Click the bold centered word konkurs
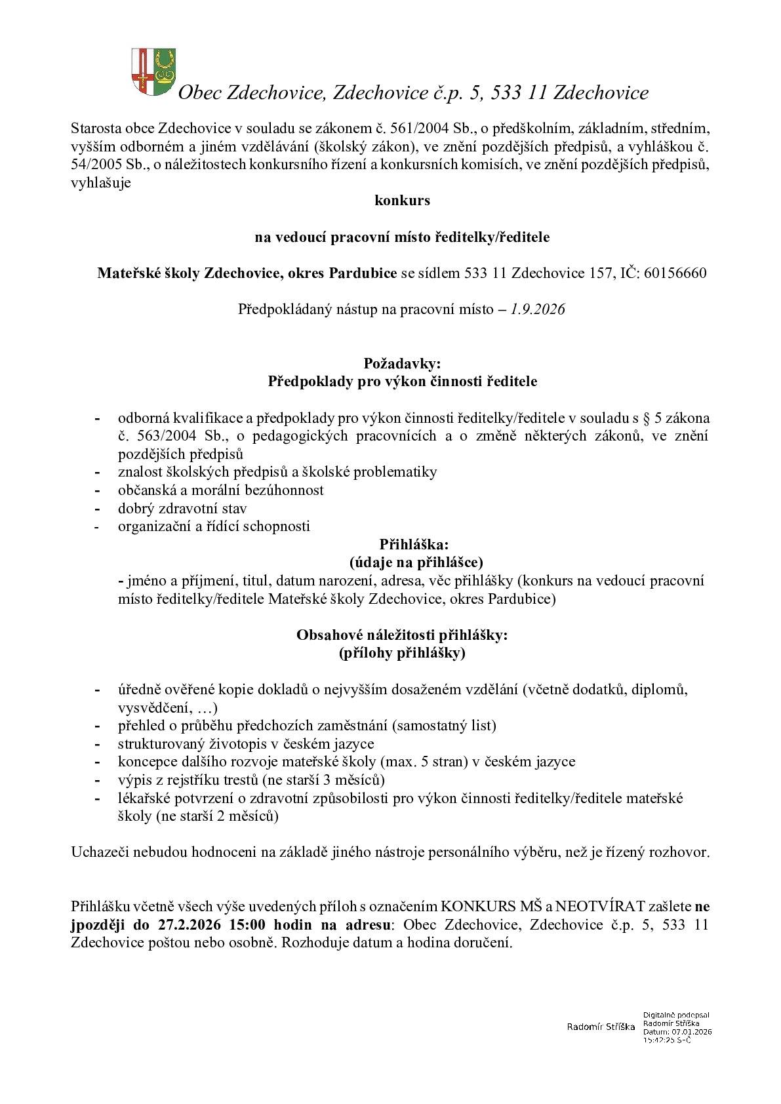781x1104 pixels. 402,201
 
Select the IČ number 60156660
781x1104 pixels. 675,273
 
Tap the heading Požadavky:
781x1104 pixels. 402,363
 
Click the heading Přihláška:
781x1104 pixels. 414,544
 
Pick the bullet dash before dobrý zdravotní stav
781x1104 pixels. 98,509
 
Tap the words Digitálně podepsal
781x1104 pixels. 676,1015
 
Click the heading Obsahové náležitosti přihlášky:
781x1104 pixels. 402,635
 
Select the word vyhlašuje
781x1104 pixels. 101,183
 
